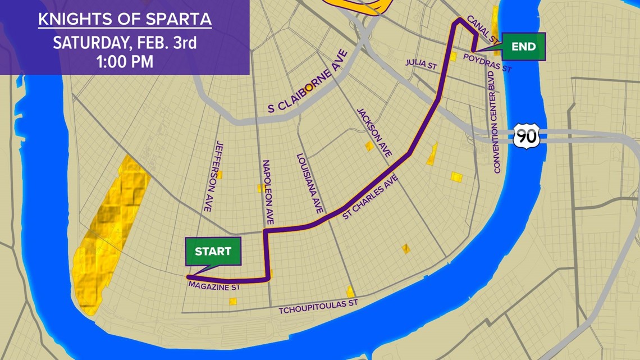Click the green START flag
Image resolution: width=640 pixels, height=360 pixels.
[213, 251]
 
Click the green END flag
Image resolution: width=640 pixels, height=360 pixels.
[523, 47]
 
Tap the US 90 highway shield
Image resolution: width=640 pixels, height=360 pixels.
[525, 136]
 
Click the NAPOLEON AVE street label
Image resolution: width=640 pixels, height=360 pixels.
[268, 192]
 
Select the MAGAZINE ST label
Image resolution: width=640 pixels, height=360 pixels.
[215, 287]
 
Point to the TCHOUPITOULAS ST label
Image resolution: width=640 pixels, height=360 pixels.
[319, 307]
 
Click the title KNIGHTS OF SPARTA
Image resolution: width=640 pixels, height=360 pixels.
[125, 19]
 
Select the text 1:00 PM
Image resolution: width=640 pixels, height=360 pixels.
[125, 61]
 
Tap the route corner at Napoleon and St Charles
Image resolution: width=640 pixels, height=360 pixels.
[264, 230]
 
